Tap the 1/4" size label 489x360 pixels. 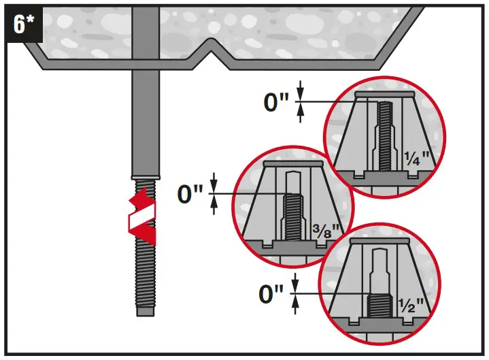click(x=416, y=158)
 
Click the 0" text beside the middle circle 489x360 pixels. click(x=190, y=195)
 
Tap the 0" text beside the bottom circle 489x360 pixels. click(x=272, y=294)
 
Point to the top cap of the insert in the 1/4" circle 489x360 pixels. click(x=384, y=93)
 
